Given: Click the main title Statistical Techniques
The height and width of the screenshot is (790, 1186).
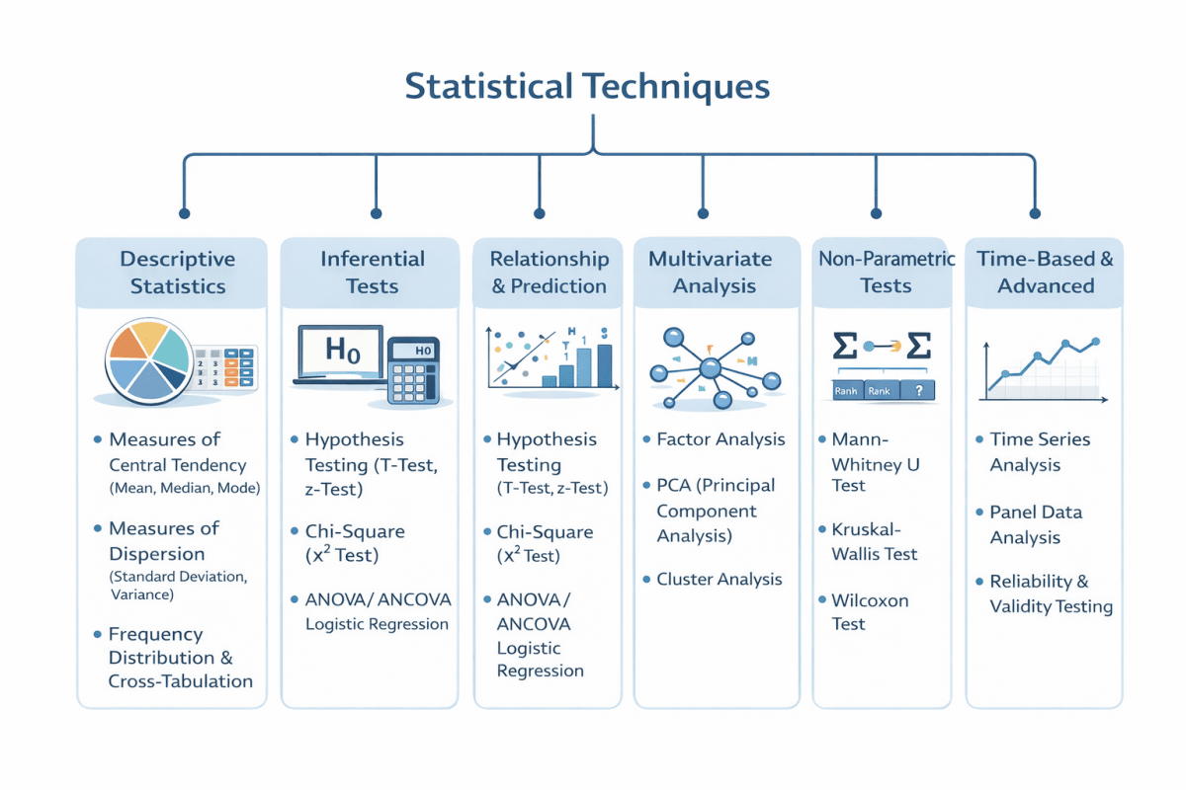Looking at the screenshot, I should tap(587, 86).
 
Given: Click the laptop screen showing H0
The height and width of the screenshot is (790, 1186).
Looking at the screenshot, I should tap(339, 353).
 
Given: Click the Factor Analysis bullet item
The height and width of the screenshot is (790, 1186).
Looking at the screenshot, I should tap(720, 439).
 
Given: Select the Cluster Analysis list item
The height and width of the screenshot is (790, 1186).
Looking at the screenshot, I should tap(719, 580).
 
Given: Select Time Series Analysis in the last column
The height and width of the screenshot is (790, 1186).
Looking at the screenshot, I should tap(1040, 452).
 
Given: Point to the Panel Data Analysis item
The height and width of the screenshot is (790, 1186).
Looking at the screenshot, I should tap(1035, 525).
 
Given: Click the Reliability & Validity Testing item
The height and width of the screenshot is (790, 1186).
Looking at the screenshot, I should tap(1050, 594).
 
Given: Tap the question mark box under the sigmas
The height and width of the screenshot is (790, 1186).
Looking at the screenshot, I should tap(918, 391).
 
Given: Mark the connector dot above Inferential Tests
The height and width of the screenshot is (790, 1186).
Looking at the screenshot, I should tap(376, 212).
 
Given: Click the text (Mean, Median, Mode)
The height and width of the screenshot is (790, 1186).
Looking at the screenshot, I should tap(184, 489).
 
